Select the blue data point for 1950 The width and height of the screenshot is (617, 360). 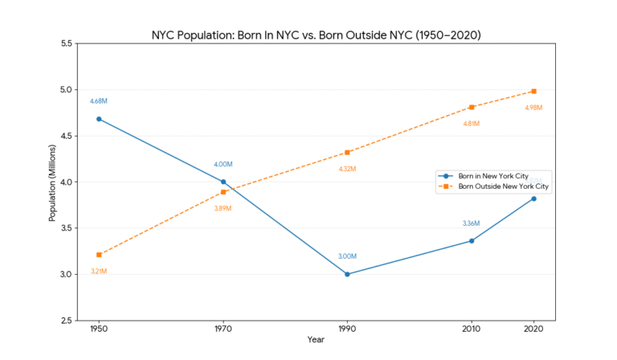point(99,119)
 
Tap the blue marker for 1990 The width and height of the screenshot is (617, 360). point(347,274)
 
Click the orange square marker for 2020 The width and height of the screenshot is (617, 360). point(534,92)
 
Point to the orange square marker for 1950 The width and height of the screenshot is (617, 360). point(99,255)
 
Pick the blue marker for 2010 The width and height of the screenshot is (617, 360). point(472,241)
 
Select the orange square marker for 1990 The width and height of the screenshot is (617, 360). point(347,153)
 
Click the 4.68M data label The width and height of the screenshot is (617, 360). point(99,101)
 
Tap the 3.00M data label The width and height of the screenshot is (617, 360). point(347,256)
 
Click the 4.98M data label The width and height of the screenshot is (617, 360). point(534,108)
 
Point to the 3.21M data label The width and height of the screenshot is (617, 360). point(99,271)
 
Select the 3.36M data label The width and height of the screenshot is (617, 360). point(472,223)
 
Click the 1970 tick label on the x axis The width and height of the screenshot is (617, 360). point(223,329)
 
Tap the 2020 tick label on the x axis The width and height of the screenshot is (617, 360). point(534,329)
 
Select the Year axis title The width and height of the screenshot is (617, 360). point(317,340)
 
